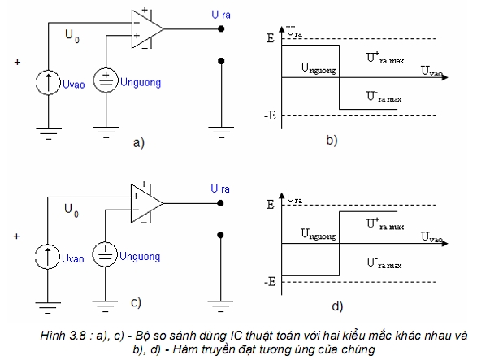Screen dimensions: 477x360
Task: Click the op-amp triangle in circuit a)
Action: pos(147,29)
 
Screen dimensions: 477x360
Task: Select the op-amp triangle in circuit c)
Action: pos(146,203)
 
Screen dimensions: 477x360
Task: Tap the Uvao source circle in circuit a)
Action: pos(49,82)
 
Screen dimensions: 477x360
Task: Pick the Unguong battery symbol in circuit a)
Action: pos(106,80)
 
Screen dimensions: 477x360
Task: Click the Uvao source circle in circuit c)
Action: pos(47,256)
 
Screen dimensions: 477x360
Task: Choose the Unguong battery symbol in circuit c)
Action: pos(105,254)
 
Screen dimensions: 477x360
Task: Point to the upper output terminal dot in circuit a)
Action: pos(221,29)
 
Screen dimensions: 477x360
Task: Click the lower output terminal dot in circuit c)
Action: pos(220,235)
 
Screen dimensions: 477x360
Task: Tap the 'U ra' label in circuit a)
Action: pos(221,15)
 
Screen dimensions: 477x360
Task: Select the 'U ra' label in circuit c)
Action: pos(220,189)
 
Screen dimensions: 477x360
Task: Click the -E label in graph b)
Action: pos(270,115)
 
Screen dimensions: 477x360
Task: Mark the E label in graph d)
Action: pos(271,205)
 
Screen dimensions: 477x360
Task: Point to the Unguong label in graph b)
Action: pos(319,68)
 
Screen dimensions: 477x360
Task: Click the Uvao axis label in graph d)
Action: pos(431,237)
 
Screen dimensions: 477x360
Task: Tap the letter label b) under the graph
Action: pos(332,141)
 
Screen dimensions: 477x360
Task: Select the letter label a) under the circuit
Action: pos(139,142)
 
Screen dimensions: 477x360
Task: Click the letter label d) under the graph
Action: pos(337,306)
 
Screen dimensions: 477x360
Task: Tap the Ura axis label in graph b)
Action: pos(294,32)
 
